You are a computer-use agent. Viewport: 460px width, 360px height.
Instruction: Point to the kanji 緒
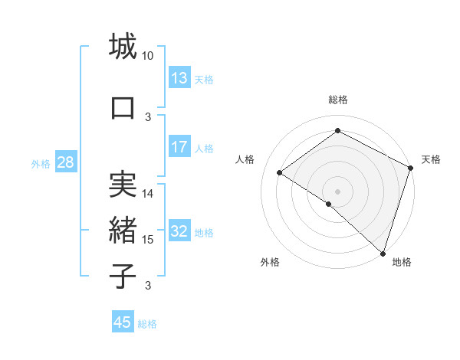123,230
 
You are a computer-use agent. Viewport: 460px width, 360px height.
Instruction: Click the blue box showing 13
179,78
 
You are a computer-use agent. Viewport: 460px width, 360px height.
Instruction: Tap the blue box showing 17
179,148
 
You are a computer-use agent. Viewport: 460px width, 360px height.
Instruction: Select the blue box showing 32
179,232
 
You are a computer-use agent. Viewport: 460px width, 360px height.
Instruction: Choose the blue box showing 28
65,162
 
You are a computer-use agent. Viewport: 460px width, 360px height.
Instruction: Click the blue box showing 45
123,322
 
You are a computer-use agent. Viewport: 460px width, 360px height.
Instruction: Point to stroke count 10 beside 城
148,56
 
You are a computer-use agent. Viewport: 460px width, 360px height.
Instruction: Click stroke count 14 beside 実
148,194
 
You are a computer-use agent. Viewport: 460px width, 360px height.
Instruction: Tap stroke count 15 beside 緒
148,240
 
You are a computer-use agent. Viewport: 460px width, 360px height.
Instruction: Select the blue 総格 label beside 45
147,324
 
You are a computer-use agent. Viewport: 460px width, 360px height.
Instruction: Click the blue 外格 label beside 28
41,163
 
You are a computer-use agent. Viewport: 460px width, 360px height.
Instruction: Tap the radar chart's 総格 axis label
337,100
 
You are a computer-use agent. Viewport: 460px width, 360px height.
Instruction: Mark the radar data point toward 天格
411,168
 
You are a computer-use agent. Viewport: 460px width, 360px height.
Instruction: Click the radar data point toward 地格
382,253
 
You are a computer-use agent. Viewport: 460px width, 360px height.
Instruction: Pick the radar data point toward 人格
280,172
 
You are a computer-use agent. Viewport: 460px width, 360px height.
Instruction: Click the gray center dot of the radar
337,190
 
